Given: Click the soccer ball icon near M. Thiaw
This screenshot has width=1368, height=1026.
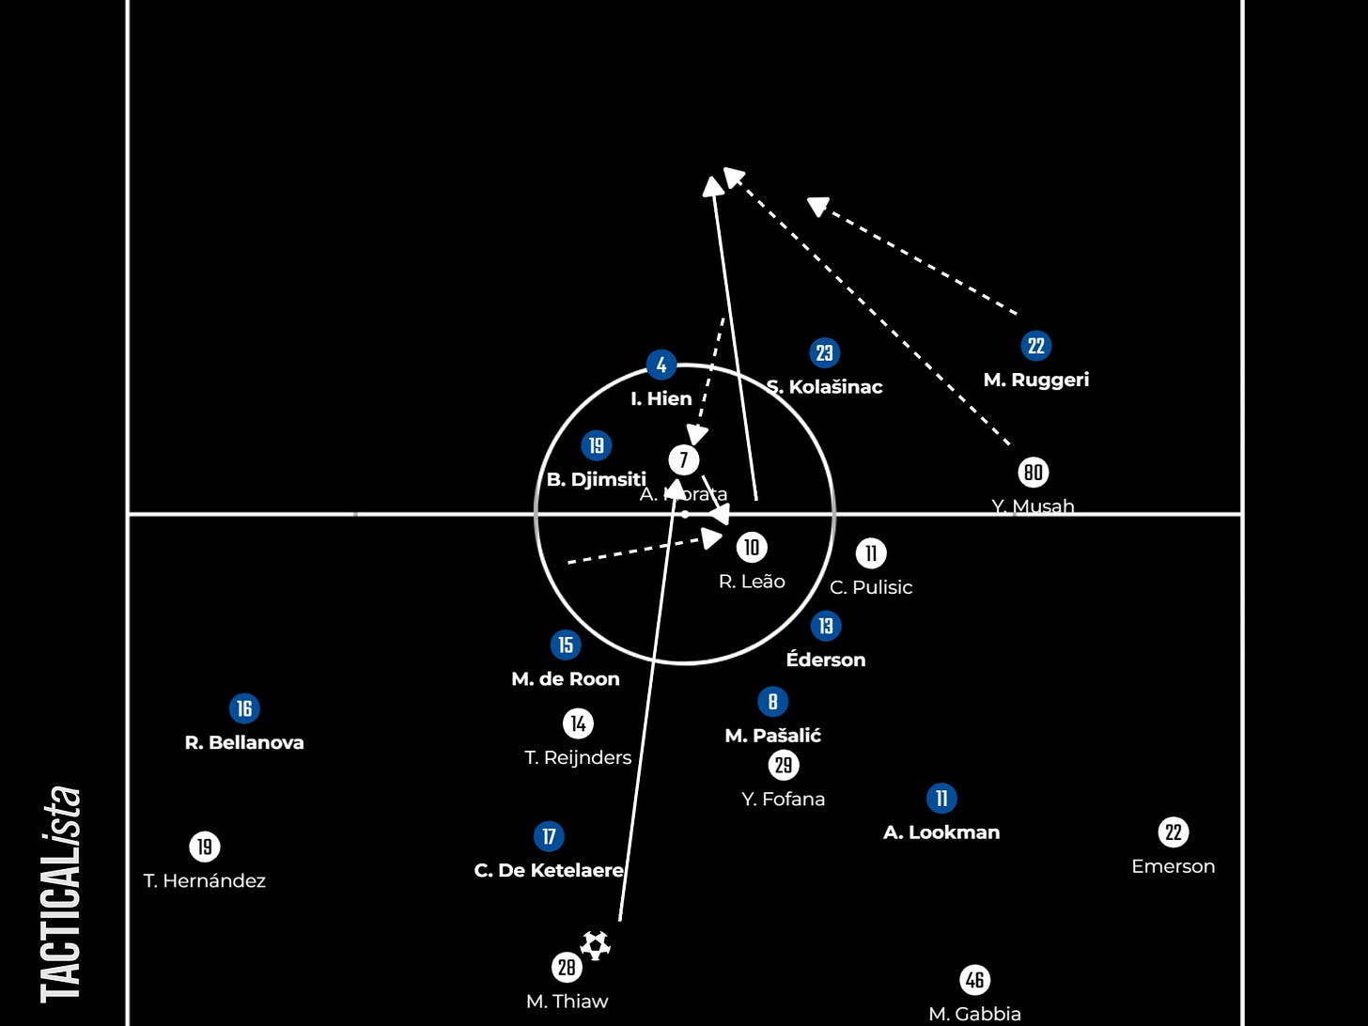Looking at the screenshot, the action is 595,945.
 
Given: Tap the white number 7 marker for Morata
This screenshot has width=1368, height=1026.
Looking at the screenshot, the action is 684,460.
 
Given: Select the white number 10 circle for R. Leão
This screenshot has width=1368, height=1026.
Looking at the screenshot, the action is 752,547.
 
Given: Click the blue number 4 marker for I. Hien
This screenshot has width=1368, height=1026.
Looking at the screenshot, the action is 661,365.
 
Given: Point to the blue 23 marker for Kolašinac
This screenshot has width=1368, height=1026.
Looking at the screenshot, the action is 824,353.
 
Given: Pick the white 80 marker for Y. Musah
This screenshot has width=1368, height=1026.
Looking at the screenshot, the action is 1034,472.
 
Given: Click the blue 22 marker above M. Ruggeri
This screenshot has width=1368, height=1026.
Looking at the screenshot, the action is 1035,346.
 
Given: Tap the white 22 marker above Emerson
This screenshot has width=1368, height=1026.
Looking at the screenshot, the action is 1173,832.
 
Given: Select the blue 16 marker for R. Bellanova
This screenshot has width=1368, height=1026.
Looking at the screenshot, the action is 244,708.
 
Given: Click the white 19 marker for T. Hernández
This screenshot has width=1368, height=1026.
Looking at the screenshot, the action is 204,847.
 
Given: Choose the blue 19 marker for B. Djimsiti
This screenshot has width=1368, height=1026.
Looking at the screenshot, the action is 596,445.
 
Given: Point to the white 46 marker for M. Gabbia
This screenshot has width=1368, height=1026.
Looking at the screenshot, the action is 974,980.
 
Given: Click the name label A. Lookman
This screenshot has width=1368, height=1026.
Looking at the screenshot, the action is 941,832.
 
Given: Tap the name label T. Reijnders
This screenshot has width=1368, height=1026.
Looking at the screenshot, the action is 578,757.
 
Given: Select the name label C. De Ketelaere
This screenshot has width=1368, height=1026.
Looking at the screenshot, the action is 549,871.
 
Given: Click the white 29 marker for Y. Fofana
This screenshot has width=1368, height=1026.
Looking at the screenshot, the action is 783,765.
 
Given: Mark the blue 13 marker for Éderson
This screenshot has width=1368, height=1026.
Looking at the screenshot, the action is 825,626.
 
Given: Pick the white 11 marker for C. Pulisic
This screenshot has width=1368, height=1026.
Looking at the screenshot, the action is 871,553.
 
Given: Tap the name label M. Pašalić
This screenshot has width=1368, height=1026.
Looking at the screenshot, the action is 772,736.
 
